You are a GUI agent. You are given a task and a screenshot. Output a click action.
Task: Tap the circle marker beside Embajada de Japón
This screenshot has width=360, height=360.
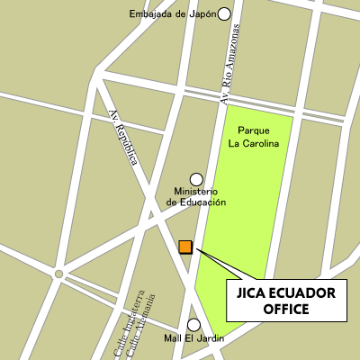224,13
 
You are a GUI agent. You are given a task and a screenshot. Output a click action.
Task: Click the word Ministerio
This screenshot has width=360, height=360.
196,192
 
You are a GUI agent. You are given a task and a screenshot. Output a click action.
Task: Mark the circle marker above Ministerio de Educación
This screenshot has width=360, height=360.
196,179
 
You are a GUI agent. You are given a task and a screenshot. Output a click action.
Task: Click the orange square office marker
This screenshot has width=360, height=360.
185,247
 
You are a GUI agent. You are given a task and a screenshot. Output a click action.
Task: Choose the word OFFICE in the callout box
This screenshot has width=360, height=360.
286,310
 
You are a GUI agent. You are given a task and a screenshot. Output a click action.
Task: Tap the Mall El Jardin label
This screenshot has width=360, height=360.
193,339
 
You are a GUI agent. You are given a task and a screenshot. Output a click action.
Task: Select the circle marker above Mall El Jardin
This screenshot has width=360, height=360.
193,324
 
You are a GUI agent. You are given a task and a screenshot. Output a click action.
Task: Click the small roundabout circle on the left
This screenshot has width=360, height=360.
58,274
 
